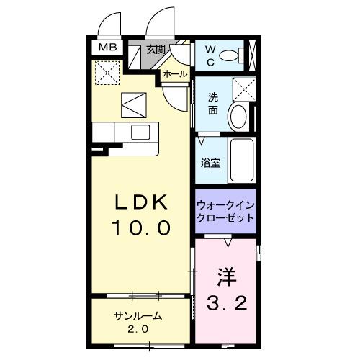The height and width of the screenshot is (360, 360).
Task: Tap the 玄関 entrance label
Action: click(x=156, y=49)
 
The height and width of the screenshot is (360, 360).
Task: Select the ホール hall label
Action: click(x=175, y=74)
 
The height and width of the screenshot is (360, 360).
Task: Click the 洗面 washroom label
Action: click(x=213, y=104)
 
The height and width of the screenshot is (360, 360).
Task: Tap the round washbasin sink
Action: click(x=238, y=115)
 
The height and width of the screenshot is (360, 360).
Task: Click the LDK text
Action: click(x=141, y=202)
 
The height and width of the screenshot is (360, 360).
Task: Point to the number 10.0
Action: click(x=141, y=228)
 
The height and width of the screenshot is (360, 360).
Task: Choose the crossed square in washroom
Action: click(x=245, y=91)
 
